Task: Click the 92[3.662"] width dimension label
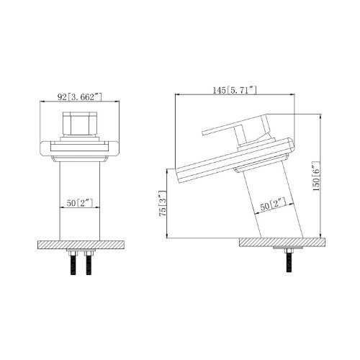[x=80, y=97]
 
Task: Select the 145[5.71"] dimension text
[x=235, y=90]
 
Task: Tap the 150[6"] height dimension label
[x=316, y=176]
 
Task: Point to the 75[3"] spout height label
[x=162, y=203]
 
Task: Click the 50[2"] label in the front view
[x=80, y=203]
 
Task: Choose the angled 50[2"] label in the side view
[x=274, y=204]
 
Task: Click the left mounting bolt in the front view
[x=73, y=263]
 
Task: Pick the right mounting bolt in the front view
[x=89, y=263]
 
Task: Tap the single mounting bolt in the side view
[x=289, y=261]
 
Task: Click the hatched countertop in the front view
[x=81, y=245]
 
